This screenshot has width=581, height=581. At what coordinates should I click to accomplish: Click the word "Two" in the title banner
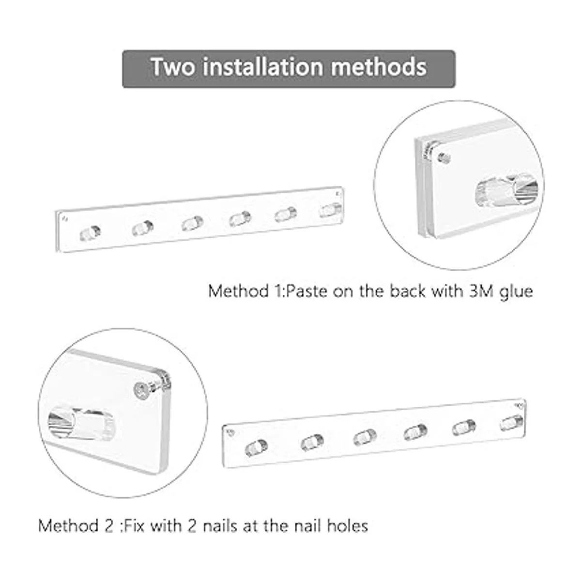pos(173,67)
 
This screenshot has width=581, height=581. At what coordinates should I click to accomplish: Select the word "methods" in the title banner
pos(379,66)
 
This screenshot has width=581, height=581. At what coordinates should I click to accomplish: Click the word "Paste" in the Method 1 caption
pos(306,291)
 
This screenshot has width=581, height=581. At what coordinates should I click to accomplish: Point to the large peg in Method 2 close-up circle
pos(81,422)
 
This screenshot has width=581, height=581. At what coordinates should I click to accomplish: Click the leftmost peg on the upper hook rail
pos(90,233)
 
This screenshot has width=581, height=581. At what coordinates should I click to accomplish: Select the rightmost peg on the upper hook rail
pos(331,210)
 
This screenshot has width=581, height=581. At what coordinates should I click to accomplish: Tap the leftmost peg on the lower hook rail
pos(256,447)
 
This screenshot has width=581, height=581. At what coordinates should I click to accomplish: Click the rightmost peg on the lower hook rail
pos(512,423)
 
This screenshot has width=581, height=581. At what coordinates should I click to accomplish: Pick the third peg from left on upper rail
pos(192,223)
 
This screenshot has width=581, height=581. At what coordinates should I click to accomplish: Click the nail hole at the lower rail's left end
pos(231,433)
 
